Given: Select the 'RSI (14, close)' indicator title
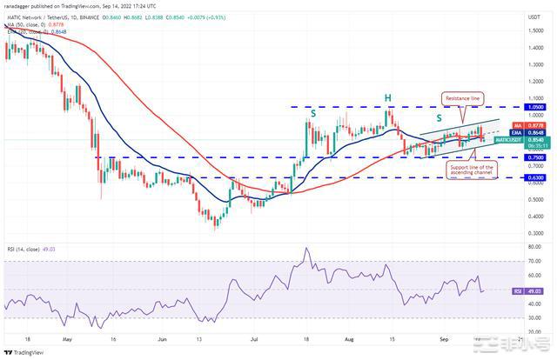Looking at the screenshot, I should (27, 247).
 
